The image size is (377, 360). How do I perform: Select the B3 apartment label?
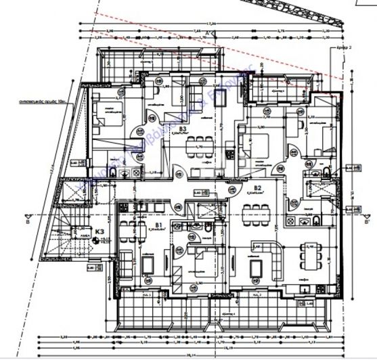click(181, 129)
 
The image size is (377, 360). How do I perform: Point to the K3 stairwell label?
click(99, 232)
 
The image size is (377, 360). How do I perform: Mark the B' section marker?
click(366, 221)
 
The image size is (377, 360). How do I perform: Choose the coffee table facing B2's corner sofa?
click(257, 269)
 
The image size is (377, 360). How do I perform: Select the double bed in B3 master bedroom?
click(106, 115)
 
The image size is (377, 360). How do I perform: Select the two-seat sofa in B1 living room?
click(127, 261)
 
